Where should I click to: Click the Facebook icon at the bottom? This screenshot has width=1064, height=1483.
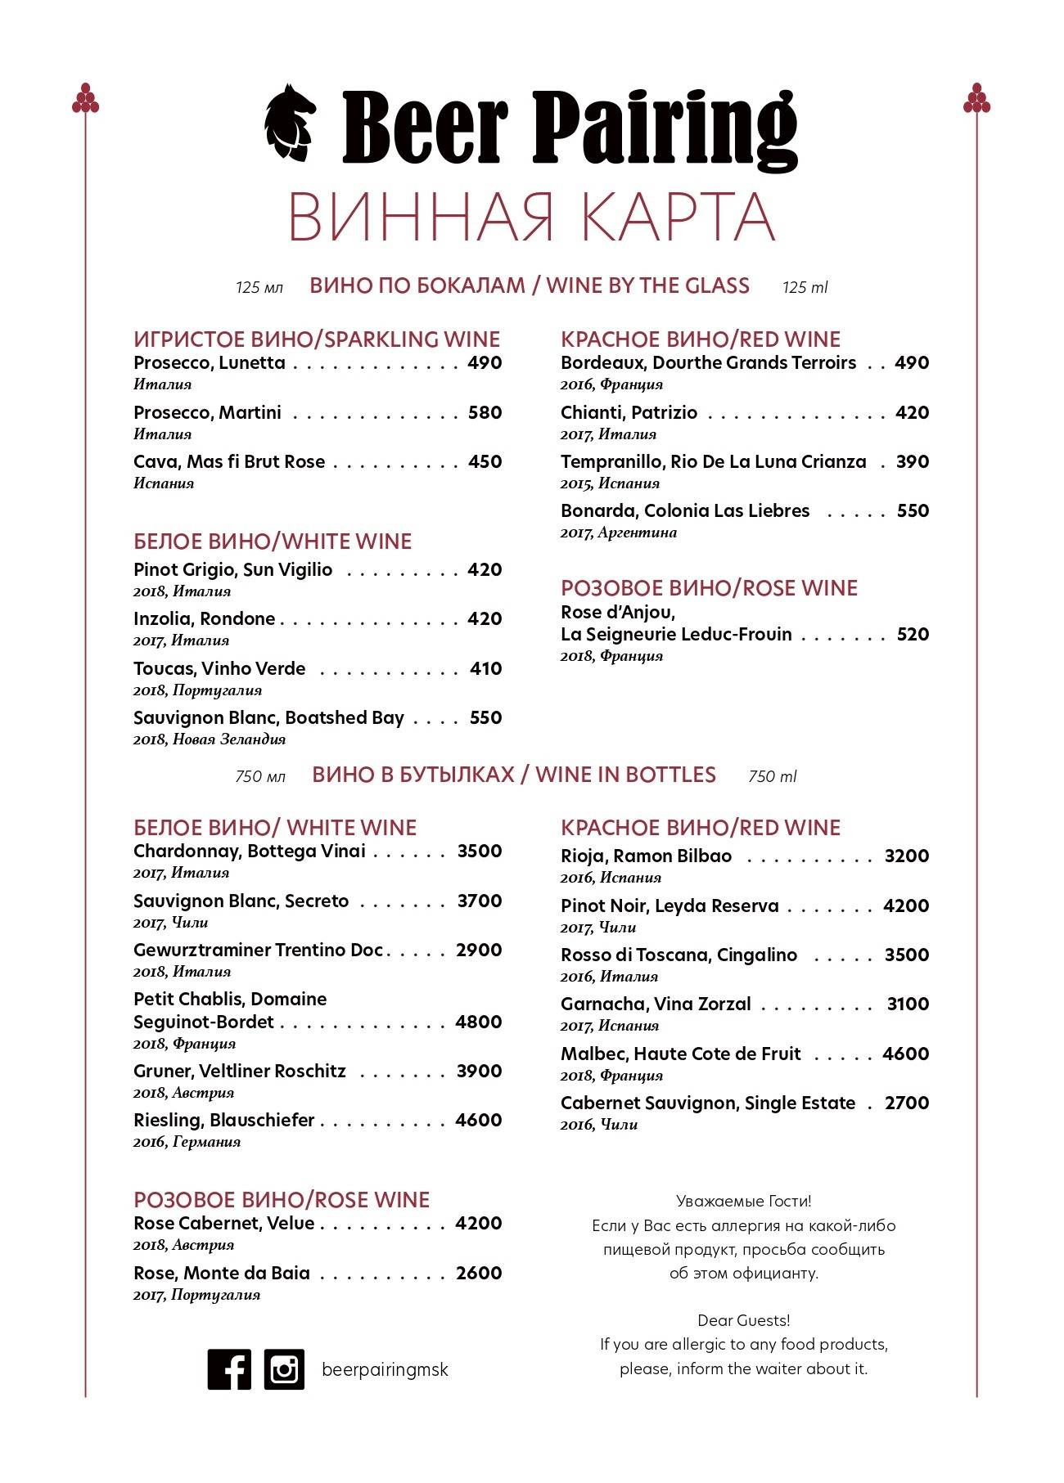[229, 1369]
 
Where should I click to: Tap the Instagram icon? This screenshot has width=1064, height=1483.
[284, 1369]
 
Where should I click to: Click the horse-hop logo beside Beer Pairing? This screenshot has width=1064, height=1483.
[290, 123]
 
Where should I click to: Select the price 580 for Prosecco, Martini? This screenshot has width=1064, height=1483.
[485, 412]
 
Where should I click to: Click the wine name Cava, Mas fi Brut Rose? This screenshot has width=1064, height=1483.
[229, 461]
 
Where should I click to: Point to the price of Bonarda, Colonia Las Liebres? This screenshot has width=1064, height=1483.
[913, 510]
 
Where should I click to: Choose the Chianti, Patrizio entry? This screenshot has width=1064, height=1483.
[629, 412]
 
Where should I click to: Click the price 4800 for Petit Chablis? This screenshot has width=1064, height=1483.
[479, 1022]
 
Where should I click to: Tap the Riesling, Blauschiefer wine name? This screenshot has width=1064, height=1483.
[223, 1120]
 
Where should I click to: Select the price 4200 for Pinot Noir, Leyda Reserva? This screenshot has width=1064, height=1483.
[906, 906]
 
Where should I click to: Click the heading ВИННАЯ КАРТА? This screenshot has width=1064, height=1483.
[531, 218]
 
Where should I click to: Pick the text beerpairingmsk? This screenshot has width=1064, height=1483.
[385, 1369]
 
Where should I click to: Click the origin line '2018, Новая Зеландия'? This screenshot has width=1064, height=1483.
[210, 739]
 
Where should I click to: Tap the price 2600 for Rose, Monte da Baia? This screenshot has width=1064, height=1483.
[479, 1273]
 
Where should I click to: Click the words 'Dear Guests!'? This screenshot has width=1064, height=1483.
[743, 1320]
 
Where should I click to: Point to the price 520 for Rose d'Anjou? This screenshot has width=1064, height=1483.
[913, 634]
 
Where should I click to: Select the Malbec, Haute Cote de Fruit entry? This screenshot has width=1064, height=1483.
[680, 1054]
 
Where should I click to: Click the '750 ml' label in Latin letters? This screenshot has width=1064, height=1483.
[772, 776]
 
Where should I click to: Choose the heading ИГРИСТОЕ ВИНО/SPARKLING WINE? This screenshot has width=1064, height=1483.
[317, 339]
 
